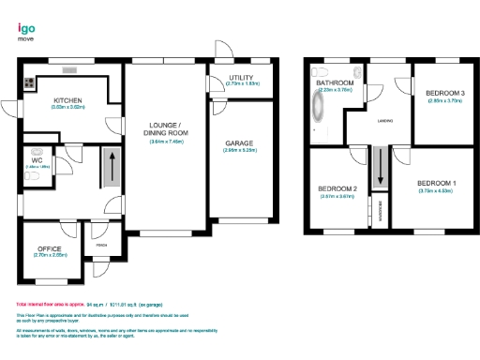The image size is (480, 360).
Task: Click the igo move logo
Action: [x=27, y=31]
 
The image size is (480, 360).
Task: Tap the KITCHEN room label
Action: [x=68, y=100]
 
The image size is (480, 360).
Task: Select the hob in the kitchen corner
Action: [x=29, y=82]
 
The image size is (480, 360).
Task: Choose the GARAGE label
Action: [x=239, y=142]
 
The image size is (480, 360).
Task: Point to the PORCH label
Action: [x=101, y=247]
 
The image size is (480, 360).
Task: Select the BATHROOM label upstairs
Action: [x=334, y=83]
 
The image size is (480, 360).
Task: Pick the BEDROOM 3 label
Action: [x=444, y=93]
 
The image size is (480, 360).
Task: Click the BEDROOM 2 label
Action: [x=337, y=189]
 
